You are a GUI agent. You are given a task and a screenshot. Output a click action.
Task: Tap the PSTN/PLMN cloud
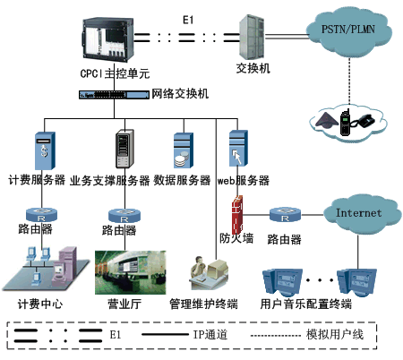pos(348,32)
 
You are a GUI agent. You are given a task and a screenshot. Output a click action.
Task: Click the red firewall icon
pos(237,214)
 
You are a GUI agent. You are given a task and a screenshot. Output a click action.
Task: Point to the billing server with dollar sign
pos(45,150)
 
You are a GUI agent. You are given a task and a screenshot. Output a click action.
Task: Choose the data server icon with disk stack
pos(184,150)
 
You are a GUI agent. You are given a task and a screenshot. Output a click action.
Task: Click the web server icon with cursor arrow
pos(238,148)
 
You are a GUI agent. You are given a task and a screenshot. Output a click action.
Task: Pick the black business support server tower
pos(124,149)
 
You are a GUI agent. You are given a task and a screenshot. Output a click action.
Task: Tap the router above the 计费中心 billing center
pos(41,215)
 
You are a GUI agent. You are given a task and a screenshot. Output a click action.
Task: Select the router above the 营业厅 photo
pos(124,216)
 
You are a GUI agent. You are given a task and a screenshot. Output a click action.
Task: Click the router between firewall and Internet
pos(285,214)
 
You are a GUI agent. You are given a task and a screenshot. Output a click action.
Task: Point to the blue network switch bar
pos(114,95)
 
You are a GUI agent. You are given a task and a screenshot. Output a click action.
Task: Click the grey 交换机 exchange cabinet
pos(253,37)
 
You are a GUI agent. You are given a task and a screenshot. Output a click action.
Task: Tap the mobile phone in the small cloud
pos(345,123)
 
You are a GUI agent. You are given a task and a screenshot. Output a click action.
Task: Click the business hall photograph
pos(131,272)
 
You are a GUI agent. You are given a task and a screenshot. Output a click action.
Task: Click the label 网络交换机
pos(180,94)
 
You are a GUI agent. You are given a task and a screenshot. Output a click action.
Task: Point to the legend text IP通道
pos(210,335)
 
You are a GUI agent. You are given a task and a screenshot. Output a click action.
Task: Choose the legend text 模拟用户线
pos(335,334)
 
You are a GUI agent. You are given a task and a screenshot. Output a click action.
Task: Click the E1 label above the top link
pos(188,21)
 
